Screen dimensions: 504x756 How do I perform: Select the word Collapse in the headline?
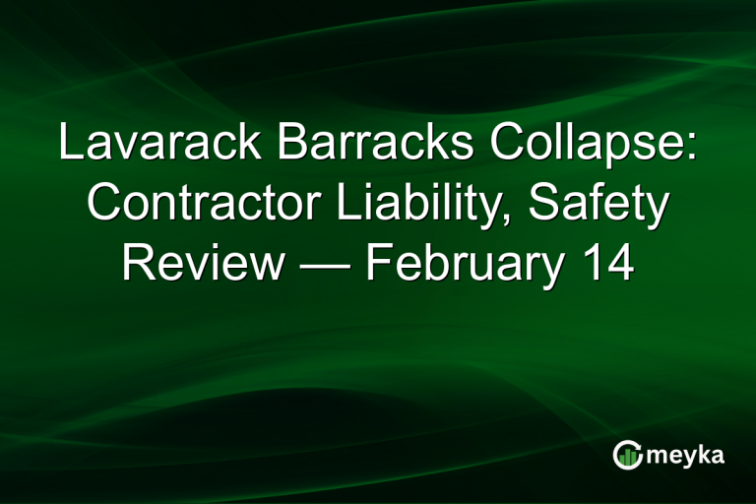tap(587, 145)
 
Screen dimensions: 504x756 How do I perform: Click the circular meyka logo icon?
tap(627, 455)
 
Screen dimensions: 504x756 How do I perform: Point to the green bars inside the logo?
tap(627, 457)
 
